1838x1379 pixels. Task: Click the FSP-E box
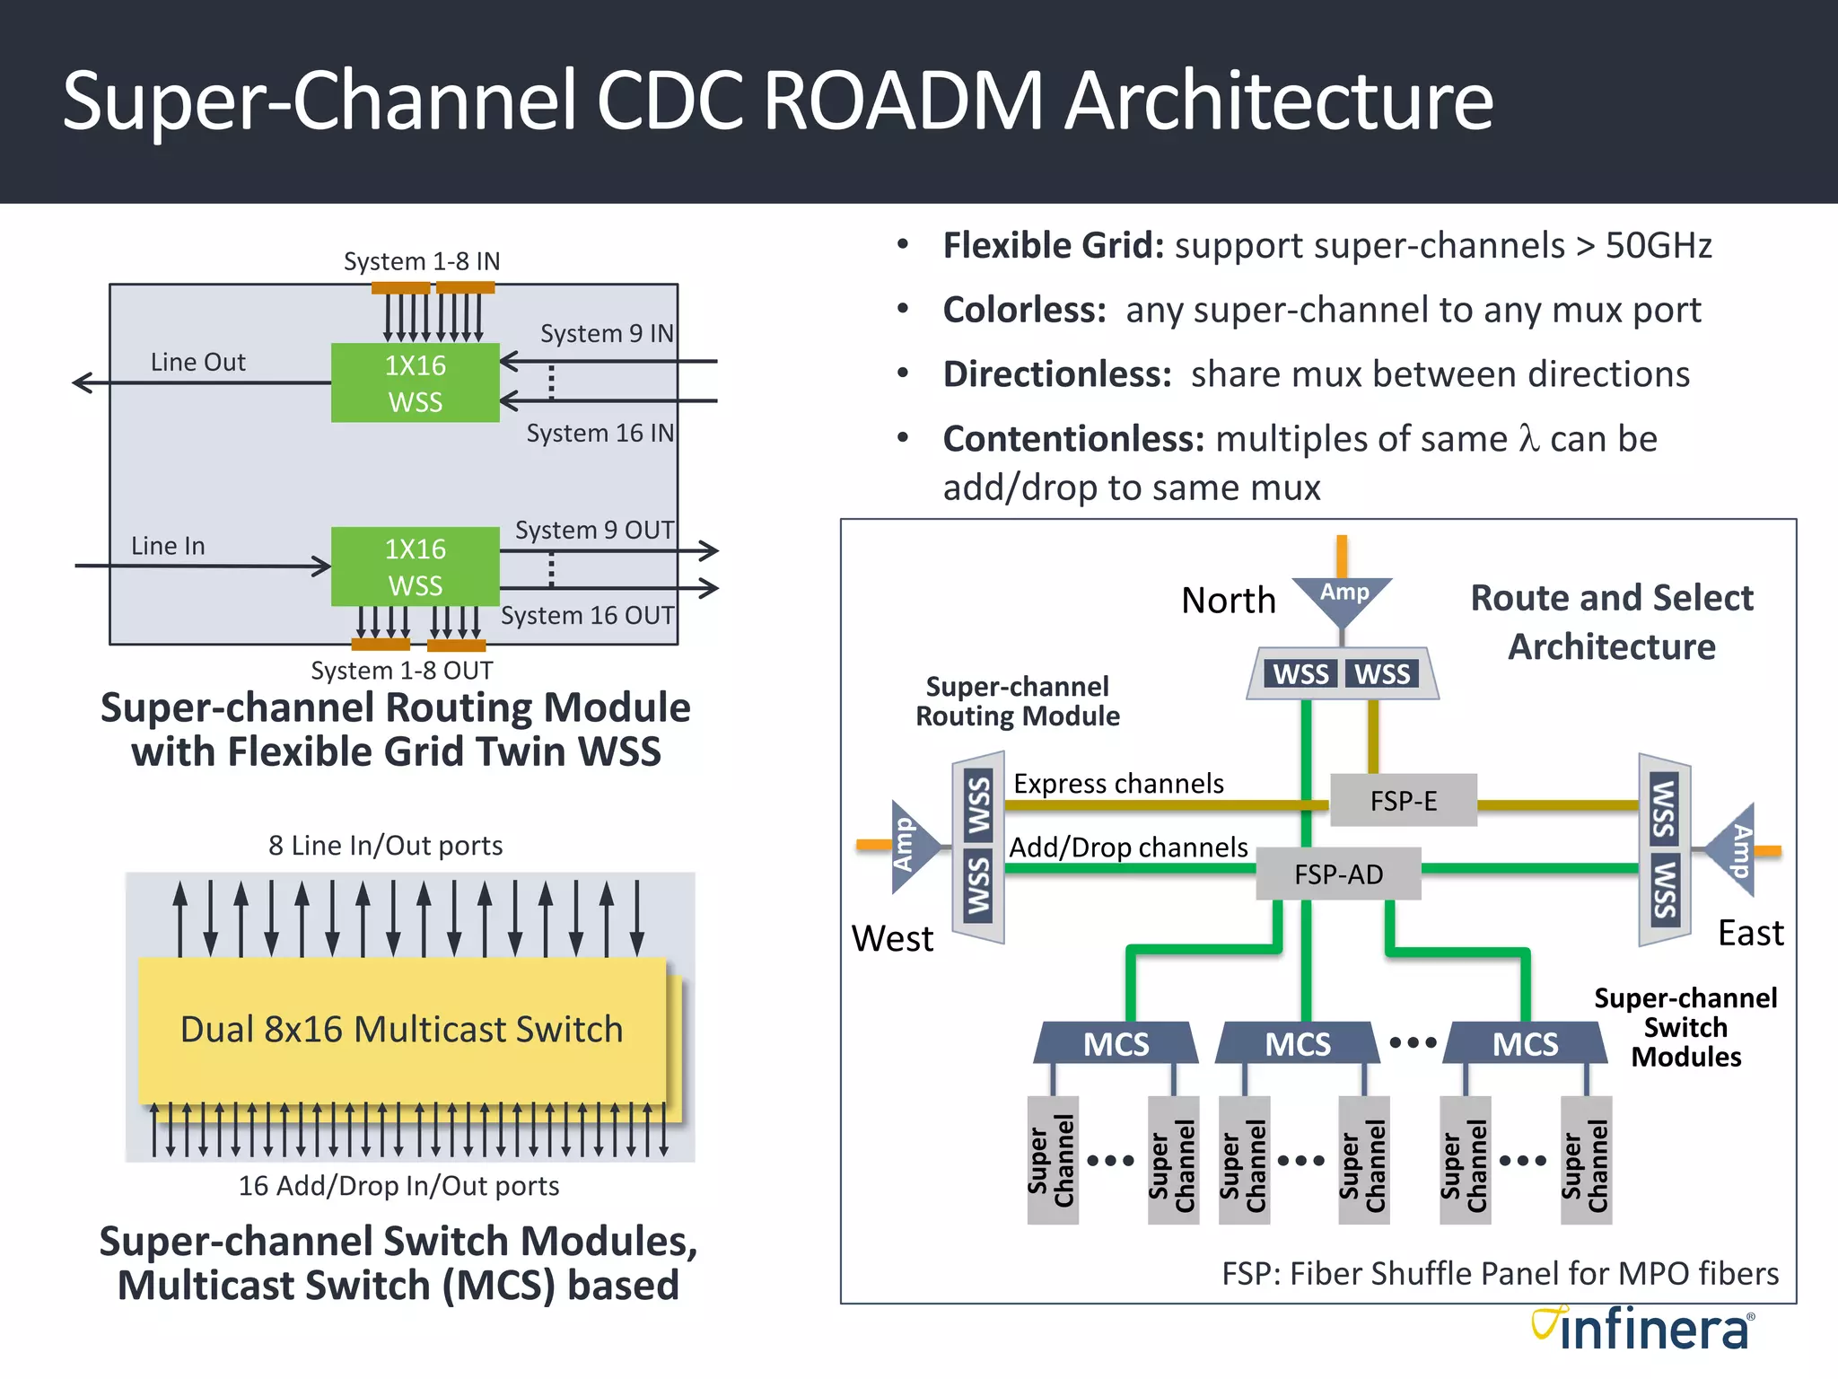[1403, 800]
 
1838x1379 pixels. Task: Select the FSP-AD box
[1338, 874]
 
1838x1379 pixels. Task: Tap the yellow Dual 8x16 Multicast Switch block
[402, 1029]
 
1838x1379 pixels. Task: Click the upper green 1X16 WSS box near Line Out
[415, 383]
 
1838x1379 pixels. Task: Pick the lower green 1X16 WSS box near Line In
[415, 567]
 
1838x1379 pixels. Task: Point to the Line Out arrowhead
[83, 382]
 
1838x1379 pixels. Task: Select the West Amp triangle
[910, 846]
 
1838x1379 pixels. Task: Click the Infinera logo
[1642, 1330]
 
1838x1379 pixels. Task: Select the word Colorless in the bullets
[1024, 310]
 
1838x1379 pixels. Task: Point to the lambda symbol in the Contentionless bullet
[1528, 439]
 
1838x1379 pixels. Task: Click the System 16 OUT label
[587, 615]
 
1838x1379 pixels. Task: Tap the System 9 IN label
[607, 333]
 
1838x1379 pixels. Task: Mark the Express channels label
[1118, 783]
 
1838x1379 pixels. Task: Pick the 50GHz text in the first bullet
[1659, 245]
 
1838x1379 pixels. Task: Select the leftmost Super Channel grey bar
[1053, 1160]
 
